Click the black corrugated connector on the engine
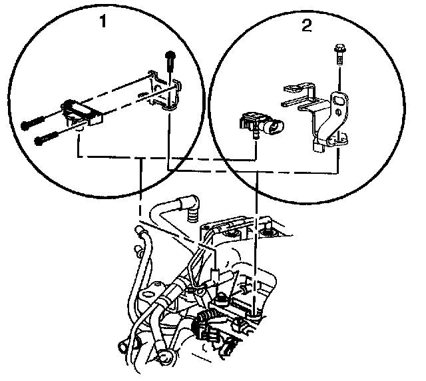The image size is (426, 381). (199, 326)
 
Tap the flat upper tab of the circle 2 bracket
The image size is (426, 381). (296, 89)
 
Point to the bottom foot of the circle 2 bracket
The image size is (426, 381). (318, 145)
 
